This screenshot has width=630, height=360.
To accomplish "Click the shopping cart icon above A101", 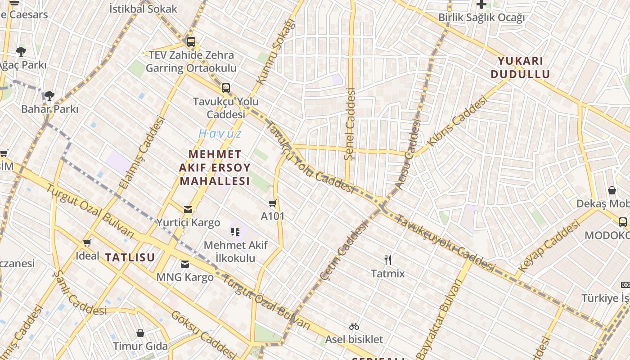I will click(x=272, y=203).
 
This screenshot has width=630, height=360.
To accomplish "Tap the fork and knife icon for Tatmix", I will click(x=388, y=260).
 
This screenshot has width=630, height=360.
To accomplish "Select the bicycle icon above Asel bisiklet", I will click(x=354, y=326).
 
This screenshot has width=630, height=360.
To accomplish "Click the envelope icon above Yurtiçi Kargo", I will click(x=188, y=209).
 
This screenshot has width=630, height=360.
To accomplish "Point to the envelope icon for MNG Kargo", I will click(x=185, y=264).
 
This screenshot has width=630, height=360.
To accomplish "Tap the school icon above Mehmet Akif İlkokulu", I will click(x=235, y=232).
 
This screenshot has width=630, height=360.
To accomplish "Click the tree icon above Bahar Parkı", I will click(x=49, y=95).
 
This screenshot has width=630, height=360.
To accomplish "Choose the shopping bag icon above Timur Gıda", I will click(x=140, y=333).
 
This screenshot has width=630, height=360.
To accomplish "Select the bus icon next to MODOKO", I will click(x=623, y=222).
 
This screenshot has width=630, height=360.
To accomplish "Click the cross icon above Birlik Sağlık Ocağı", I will click(x=481, y=5).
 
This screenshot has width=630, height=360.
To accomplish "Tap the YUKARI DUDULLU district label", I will click(x=520, y=67).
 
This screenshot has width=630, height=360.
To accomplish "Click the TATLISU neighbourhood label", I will click(x=130, y=257).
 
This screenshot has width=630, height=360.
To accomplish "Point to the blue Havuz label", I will click(x=220, y=133).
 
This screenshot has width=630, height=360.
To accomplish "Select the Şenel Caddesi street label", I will click(x=350, y=124).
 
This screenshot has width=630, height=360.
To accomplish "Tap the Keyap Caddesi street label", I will click(x=548, y=248).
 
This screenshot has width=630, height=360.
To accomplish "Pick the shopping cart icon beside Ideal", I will click(x=87, y=243).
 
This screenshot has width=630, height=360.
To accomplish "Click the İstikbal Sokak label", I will click(x=143, y=9).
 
